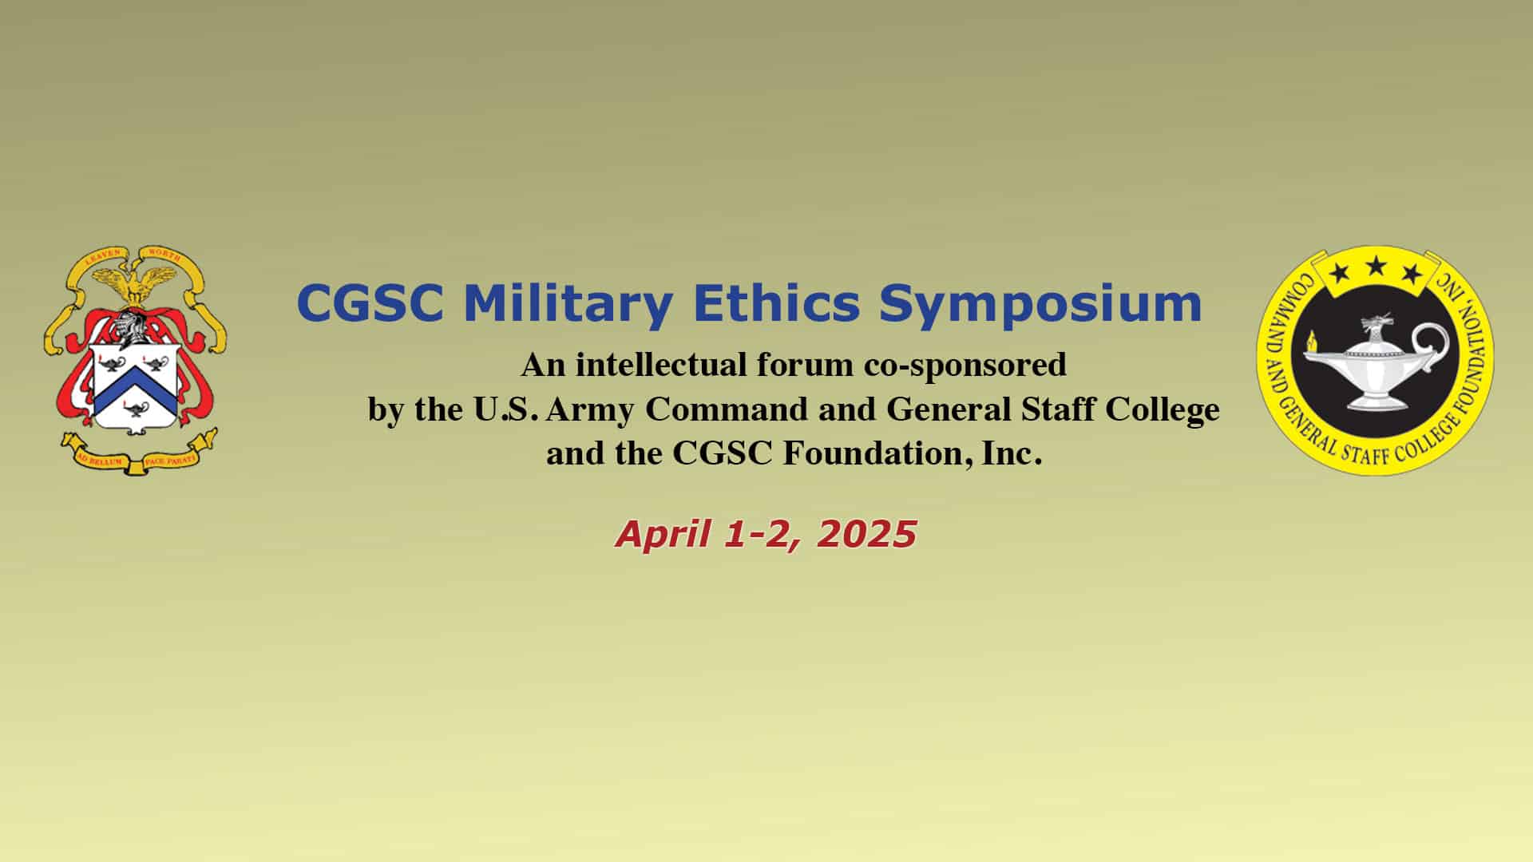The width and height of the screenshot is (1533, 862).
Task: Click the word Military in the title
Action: click(568, 305)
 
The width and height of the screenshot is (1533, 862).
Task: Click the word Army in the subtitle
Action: click(591, 410)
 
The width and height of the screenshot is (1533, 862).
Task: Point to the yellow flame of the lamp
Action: click(1308, 343)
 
